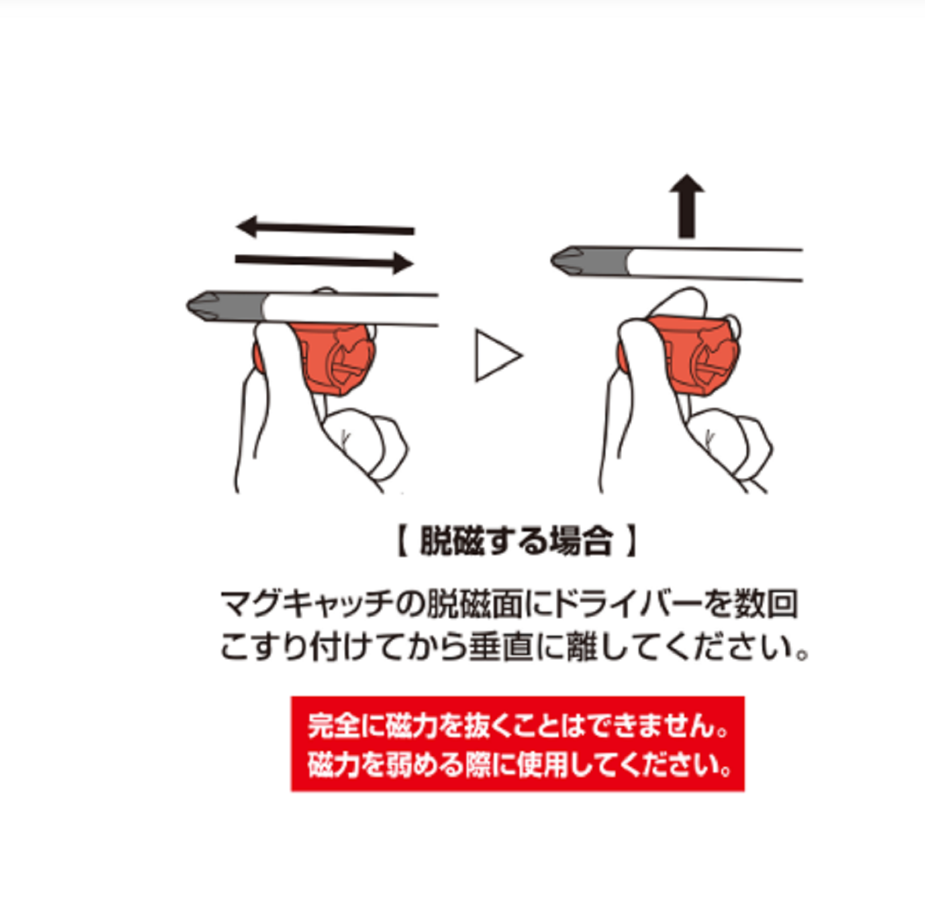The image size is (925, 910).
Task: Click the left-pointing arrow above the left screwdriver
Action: click(325, 228)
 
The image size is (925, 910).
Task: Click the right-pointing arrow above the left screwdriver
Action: click(324, 262)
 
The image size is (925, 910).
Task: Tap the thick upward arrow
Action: click(687, 206)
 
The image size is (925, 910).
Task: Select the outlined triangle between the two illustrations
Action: click(499, 356)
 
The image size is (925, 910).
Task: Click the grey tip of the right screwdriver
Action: click(590, 261)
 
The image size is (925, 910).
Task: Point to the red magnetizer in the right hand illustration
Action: click(691, 354)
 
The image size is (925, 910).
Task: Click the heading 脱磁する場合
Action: click(516, 542)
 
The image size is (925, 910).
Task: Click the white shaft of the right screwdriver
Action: click(715, 264)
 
